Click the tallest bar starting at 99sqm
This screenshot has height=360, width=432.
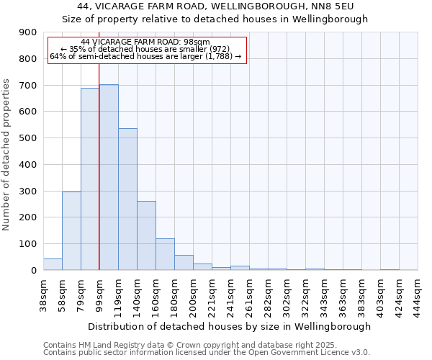(109, 177)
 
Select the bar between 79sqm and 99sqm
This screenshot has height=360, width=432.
(90, 179)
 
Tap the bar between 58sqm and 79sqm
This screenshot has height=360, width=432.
(71, 230)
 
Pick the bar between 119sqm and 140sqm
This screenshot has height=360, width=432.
(127, 199)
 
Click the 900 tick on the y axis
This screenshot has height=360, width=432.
(28, 32)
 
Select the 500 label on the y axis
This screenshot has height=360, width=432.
(28, 138)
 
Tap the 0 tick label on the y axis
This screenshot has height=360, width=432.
(34, 270)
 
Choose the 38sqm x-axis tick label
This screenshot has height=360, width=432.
(43, 292)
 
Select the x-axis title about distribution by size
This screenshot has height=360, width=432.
(230, 326)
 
